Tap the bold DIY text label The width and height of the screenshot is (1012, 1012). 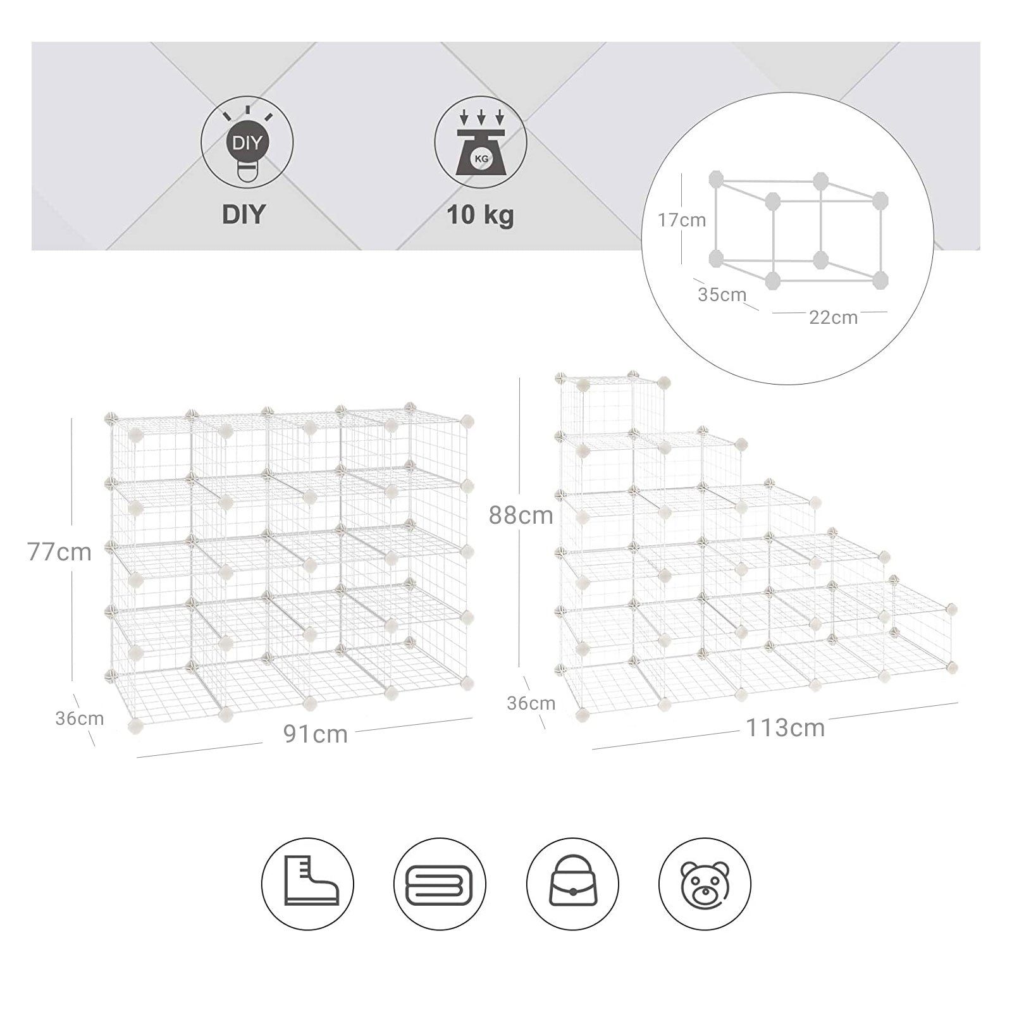(244, 214)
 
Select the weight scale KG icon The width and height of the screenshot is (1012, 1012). (481, 142)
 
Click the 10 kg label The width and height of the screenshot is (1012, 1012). (480, 215)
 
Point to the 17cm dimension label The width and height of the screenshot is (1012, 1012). (681, 220)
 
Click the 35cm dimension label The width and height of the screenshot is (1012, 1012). (722, 294)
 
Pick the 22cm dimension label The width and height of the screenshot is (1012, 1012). (833, 318)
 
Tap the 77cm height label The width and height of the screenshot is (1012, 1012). (59, 552)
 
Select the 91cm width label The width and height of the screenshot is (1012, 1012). (315, 734)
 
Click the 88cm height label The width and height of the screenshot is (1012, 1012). (521, 515)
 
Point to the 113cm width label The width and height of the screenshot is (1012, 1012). (785, 728)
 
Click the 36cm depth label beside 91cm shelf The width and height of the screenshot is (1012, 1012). (79, 719)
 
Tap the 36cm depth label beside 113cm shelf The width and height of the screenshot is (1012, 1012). (531, 703)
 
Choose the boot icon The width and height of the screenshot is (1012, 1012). (308, 883)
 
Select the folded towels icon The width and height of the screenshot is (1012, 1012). (440, 883)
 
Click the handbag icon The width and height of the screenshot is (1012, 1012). (572, 883)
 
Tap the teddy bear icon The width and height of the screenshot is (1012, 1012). (705, 883)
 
